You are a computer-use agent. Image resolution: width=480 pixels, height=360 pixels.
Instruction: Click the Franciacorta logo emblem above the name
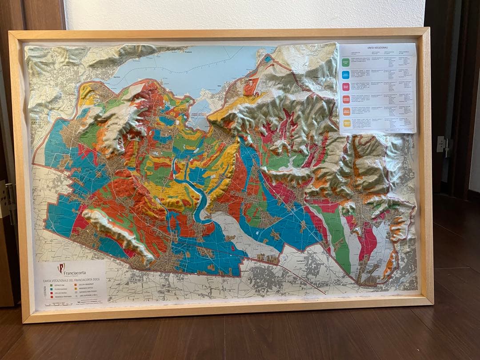click(61, 268)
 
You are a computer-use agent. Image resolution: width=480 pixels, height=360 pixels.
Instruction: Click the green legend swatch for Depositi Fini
click(52, 286)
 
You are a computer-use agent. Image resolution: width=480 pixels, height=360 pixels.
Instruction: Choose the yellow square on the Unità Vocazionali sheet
click(347, 123)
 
